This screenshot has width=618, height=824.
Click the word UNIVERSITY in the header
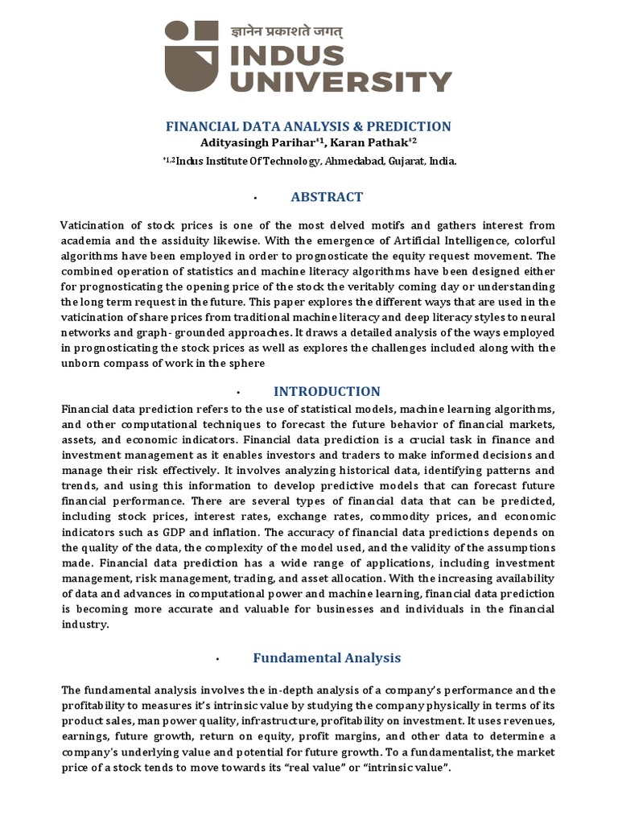338,81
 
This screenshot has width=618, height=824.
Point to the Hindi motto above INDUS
286,31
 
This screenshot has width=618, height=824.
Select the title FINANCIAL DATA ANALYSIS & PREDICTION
308,126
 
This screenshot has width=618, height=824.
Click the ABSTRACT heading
326,196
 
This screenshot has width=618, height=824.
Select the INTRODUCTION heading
327,392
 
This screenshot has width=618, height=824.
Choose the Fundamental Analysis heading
327,657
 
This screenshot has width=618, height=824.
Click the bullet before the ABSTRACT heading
253,197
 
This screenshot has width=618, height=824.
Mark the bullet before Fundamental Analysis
218,659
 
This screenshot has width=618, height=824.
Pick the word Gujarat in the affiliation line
410,161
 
